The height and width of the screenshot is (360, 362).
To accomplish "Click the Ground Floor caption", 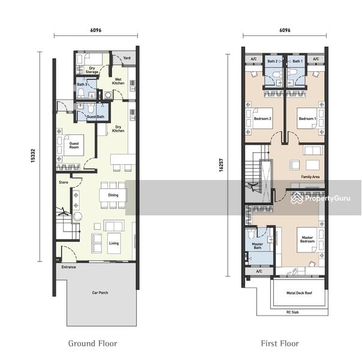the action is pos(92,343).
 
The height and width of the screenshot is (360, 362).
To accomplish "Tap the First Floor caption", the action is pos(280,343).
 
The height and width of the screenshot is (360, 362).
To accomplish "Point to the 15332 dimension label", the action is pos(33,156).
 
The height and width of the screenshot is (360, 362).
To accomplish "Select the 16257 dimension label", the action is pos(221,165).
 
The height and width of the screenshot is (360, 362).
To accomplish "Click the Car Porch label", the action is pos(100,293).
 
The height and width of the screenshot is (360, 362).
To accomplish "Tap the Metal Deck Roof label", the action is pos(299,293).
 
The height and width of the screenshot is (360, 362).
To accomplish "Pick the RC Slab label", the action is pos(292,312).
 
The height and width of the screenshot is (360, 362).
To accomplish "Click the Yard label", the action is pos(126,58).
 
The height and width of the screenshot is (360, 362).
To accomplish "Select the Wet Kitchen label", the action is pos(118,81).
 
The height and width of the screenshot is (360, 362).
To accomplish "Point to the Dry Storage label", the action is pos(92,70).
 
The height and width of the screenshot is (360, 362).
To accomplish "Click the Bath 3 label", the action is pos(82,85).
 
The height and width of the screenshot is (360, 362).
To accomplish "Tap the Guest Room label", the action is pos(74,145).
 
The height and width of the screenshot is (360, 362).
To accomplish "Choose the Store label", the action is pos(64,182).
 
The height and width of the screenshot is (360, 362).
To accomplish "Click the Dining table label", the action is pos(113,195).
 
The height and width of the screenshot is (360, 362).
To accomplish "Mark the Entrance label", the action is pos(68,267).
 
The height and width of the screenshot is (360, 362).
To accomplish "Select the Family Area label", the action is pos(310,177).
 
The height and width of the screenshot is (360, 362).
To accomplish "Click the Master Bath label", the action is pos(258,245).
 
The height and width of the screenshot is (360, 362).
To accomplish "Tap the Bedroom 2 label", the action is pos(263,119).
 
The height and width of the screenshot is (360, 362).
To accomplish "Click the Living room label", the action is pos(114,243).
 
